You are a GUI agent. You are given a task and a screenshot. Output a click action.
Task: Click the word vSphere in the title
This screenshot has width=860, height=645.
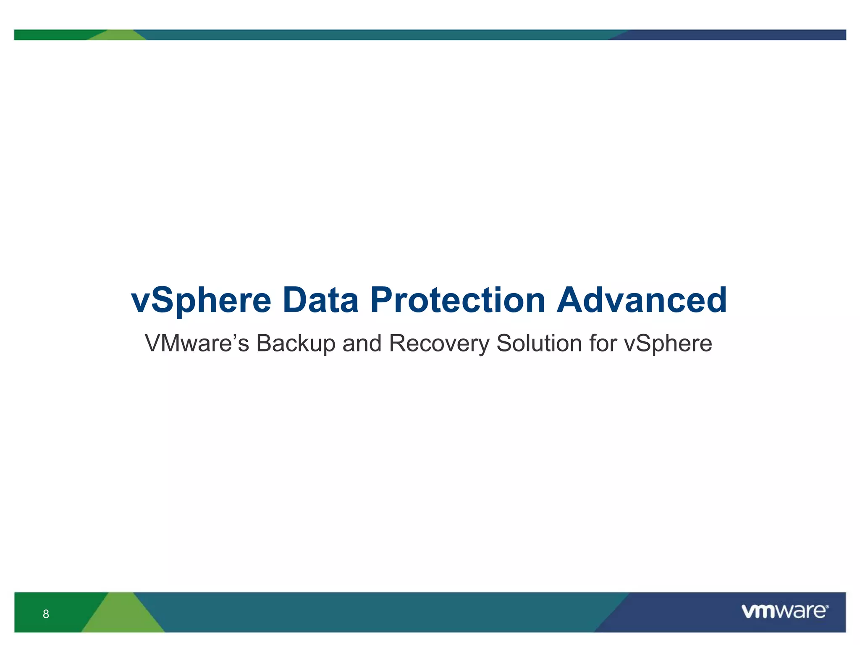coord(202,301)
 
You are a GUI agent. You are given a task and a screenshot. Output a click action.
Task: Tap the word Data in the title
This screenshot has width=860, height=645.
coord(320,301)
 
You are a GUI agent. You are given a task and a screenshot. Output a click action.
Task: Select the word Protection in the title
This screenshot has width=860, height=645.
coord(458,301)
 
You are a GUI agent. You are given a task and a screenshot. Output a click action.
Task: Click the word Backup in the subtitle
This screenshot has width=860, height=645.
coord(296,343)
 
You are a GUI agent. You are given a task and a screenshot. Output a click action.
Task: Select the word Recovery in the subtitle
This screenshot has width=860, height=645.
coord(439,343)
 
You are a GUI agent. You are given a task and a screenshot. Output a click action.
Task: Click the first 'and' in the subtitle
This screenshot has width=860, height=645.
coord(362,343)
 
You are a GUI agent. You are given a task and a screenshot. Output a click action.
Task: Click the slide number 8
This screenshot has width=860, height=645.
coord(46,614)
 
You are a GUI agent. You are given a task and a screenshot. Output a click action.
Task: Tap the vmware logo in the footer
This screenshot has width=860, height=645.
coord(784,611)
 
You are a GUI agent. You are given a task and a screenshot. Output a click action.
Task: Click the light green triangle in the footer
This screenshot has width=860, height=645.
coord(123,617)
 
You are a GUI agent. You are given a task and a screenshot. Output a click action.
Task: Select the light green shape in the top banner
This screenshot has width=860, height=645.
coord(118,36)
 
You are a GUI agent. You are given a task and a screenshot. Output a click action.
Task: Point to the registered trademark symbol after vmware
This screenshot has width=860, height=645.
coord(827,606)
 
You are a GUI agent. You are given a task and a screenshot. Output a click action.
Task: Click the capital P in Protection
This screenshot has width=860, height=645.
coord(381,301)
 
